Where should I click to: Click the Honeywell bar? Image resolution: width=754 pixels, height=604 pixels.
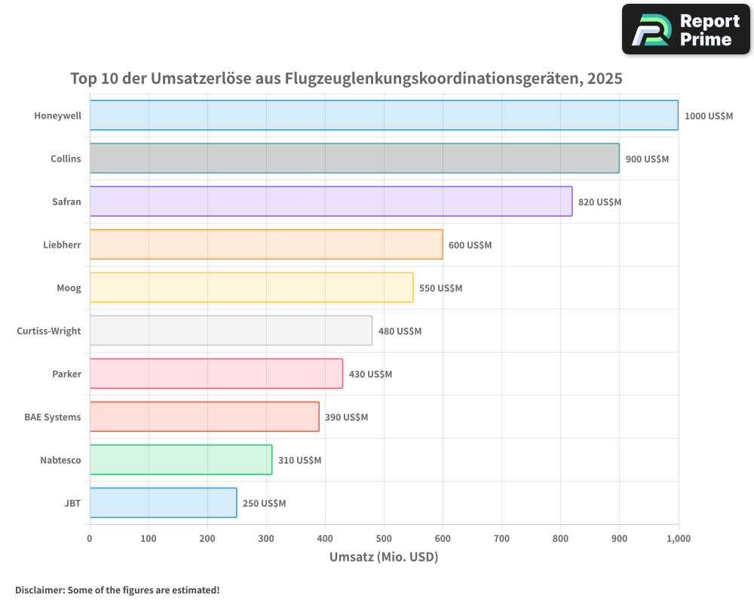tap(384, 116)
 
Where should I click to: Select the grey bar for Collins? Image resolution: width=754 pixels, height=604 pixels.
tap(354, 159)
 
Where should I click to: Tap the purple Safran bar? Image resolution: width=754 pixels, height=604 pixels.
tap(331, 202)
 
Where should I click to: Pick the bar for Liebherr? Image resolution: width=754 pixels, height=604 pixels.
tap(266, 245)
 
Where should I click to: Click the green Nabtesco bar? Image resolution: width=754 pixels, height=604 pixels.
tap(181, 460)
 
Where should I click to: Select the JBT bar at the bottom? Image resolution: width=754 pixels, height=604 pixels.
tap(163, 503)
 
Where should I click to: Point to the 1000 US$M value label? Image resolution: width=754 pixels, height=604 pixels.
tap(708, 116)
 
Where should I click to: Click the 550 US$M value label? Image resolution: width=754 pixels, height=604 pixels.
tap(440, 288)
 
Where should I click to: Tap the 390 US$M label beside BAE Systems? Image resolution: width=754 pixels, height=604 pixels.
tap(346, 418)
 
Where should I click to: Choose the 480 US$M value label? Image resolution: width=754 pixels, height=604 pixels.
tap(400, 331)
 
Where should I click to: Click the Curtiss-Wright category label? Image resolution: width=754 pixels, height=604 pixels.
tap(48, 331)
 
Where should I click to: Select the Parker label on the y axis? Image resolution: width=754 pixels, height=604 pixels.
tap(66, 374)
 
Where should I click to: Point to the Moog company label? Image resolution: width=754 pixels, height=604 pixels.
tap(69, 288)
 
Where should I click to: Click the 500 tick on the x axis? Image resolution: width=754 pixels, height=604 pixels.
tap(384, 538)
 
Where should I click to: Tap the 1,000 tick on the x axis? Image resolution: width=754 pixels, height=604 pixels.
tap(678, 538)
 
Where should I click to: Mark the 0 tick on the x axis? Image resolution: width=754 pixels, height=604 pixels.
tap(90, 538)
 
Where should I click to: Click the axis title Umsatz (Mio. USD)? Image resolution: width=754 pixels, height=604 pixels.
tap(384, 557)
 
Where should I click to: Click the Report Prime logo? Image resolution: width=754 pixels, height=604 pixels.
tap(686, 29)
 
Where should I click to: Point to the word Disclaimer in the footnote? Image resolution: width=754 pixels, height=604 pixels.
tap(39, 590)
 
